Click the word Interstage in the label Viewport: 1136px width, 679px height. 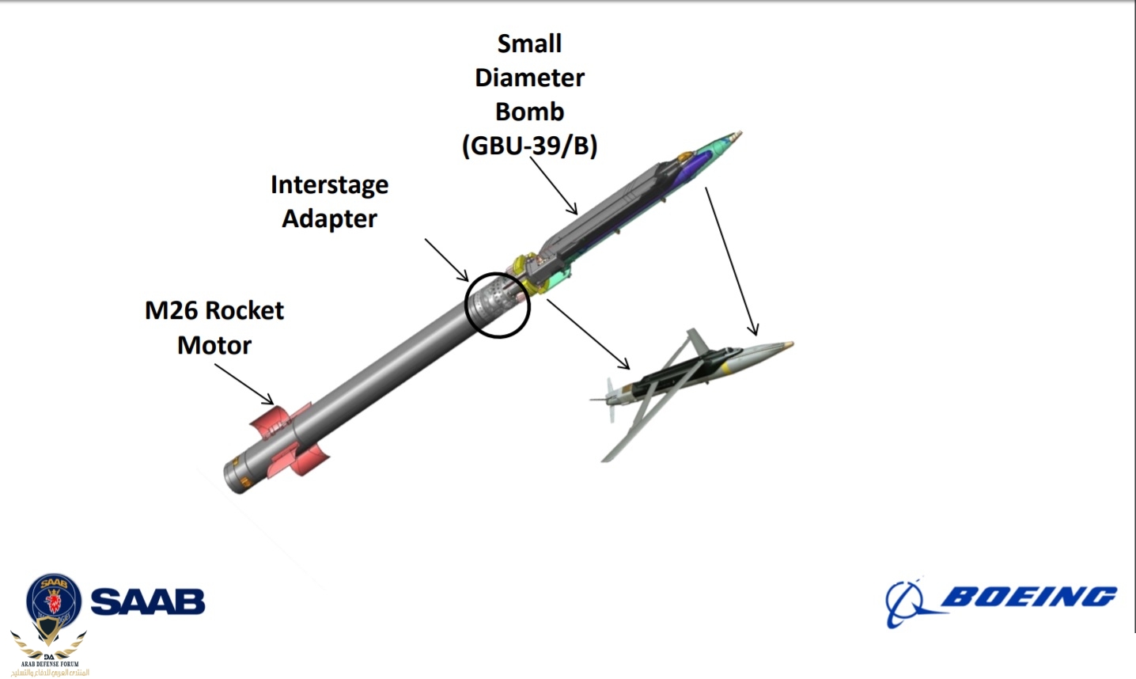pyautogui.click(x=329, y=184)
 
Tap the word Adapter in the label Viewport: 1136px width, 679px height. pyautogui.click(x=329, y=218)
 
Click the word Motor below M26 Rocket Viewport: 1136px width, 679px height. pyautogui.click(x=214, y=345)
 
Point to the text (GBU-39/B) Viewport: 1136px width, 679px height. pyautogui.click(x=529, y=146)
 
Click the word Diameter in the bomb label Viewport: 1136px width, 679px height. pyautogui.click(x=529, y=78)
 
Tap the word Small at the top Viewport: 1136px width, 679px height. pyautogui.click(x=529, y=44)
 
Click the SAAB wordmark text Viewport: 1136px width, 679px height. pyautogui.click(x=148, y=601)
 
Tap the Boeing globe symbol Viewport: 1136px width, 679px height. pyautogui.click(x=907, y=603)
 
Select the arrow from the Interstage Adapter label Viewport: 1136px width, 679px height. pyautogui.click(x=447, y=260)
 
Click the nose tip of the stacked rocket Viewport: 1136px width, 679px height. pyautogui.click(x=737, y=135)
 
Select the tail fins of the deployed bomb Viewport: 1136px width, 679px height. pyautogui.click(x=609, y=396)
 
